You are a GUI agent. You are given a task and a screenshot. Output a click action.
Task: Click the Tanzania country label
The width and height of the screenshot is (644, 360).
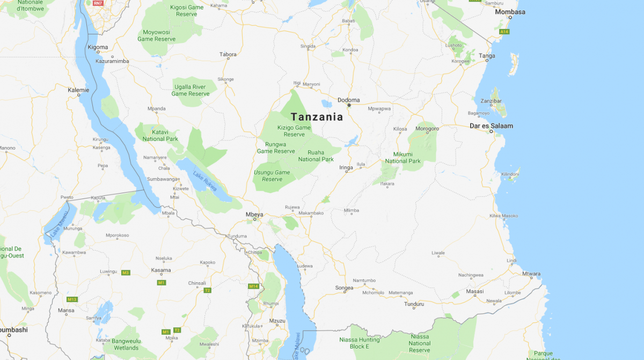[x=316, y=116]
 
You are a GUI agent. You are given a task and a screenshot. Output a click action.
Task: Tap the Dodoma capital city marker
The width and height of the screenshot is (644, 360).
[x=349, y=105]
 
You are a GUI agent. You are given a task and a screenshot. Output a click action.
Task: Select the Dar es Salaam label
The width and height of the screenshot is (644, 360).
[x=491, y=126]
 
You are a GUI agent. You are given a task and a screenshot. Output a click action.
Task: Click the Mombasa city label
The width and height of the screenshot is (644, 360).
[x=510, y=12]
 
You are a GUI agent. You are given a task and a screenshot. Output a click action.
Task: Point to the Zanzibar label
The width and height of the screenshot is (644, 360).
[x=491, y=101]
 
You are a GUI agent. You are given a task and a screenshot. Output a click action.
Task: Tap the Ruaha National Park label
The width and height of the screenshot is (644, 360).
[x=316, y=156]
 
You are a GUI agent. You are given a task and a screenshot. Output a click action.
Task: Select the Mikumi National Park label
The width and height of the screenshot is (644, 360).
[x=402, y=158]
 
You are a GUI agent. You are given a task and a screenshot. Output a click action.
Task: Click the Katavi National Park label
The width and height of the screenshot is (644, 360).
[x=160, y=135]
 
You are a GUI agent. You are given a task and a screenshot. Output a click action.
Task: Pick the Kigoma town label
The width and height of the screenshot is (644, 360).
[x=98, y=47]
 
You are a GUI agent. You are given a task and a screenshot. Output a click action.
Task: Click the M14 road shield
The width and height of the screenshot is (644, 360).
[x=254, y=286]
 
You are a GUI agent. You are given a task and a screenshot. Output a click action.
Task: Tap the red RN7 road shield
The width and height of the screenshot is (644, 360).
[x=97, y=3]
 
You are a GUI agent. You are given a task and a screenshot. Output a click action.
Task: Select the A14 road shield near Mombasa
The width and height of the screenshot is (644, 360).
[x=504, y=32]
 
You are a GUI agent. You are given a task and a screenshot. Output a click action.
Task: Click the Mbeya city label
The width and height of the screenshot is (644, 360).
[x=254, y=215]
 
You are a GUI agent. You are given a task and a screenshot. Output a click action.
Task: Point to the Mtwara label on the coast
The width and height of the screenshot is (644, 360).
[x=531, y=274]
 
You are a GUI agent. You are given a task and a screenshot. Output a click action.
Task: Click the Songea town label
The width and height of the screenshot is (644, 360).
[x=344, y=288]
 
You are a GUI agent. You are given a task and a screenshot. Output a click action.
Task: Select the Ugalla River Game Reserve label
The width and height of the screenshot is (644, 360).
[x=190, y=90]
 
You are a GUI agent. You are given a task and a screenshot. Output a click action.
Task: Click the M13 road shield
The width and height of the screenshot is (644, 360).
[x=72, y=299]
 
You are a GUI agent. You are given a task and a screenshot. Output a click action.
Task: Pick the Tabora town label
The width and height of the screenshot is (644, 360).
[x=228, y=54]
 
